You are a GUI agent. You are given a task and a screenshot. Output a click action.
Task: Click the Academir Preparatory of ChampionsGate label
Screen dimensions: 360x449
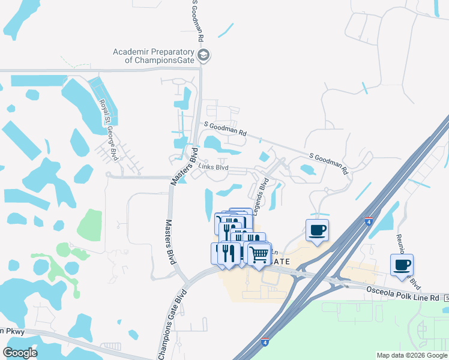pyautogui.click(x=154, y=56)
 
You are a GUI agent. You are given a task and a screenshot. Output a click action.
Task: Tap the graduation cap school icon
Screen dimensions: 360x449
pyautogui.click(x=203, y=55)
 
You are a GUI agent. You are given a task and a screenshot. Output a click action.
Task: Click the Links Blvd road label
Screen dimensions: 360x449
pyautogui.click(x=214, y=167)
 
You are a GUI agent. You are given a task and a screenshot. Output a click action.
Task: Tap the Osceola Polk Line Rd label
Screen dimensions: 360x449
pyautogui.click(x=404, y=293)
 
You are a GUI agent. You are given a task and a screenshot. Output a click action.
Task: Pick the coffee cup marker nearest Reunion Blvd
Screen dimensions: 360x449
pyautogui.click(x=402, y=265)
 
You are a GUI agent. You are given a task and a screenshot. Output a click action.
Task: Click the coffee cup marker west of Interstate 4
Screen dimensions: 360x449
pyautogui.click(x=317, y=229)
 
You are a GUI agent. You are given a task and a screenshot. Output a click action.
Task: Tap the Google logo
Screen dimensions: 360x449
pyautogui.click(x=20, y=353)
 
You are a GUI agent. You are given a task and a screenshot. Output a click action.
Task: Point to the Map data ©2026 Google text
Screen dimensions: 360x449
pyautogui.click(x=411, y=355)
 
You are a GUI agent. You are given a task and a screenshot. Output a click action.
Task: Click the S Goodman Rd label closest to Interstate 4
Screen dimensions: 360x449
pyautogui.click(x=328, y=163)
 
